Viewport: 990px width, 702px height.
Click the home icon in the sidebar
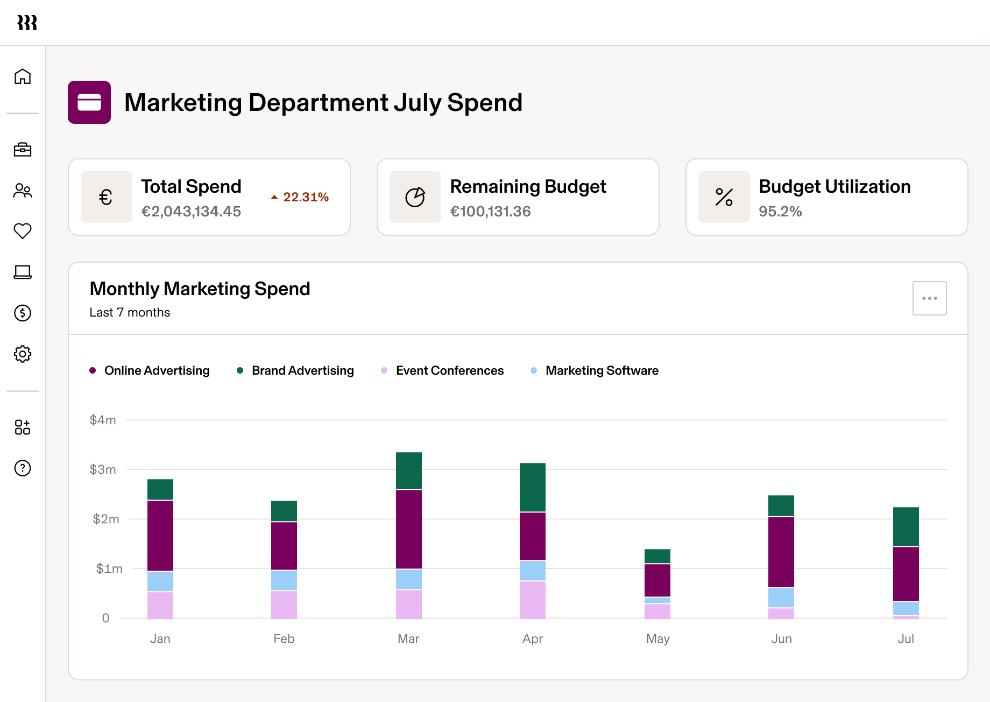click(23, 76)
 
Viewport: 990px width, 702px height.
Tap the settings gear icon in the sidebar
click(23, 354)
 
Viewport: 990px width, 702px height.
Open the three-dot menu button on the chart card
click(929, 298)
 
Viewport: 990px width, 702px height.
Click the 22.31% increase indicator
click(300, 197)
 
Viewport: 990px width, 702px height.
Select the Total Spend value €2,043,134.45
click(191, 212)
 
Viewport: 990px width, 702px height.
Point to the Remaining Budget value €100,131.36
click(490, 212)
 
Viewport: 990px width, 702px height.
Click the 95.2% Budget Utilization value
click(780, 212)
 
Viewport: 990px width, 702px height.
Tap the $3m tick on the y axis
click(103, 469)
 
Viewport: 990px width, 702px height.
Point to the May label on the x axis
click(657, 638)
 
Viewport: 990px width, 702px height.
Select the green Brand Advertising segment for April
click(533, 487)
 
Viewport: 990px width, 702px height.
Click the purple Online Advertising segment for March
click(409, 529)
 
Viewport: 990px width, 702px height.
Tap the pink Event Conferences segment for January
click(160, 605)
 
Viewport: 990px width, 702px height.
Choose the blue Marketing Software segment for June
click(781, 598)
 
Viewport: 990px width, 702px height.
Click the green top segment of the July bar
click(906, 526)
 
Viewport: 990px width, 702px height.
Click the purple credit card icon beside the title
click(89, 102)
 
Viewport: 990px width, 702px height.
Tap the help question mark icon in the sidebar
click(23, 468)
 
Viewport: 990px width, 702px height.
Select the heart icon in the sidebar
click(23, 231)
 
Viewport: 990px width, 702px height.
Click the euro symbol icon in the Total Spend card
click(106, 197)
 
